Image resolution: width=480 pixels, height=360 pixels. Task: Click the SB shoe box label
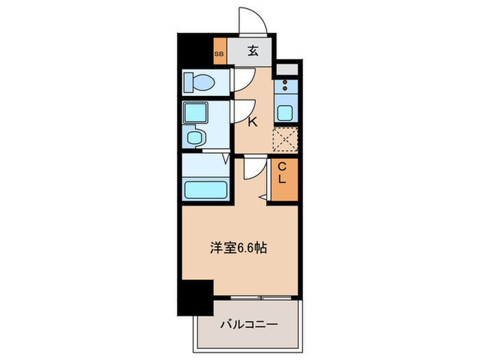click(219, 53)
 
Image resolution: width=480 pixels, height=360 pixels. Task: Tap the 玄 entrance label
click(252, 50)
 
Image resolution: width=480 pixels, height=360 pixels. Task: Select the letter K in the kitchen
click(252, 123)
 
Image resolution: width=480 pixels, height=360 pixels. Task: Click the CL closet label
click(282, 173)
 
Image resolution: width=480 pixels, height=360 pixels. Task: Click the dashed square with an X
click(285, 140)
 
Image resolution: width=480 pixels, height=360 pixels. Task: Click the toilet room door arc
click(243, 78)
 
